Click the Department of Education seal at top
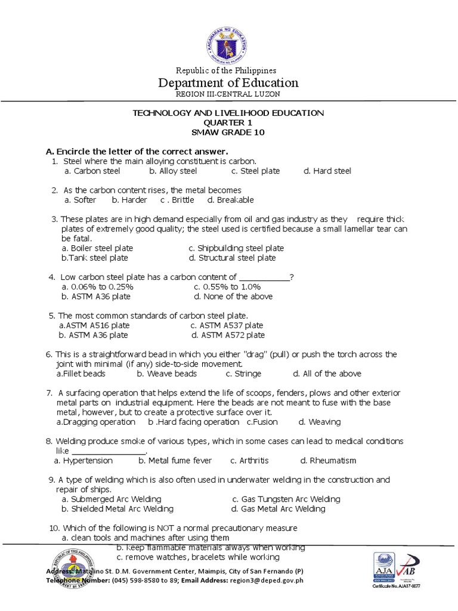(228, 38)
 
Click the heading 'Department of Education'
(228, 82)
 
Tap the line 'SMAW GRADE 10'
(228, 132)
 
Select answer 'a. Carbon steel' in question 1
(92, 171)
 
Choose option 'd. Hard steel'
(327, 171)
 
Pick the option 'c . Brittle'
(178, 200)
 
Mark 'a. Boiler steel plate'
(97, 248)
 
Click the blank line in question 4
(264, 277)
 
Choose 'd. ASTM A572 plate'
(228, 335)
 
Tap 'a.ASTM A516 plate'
(94, 326)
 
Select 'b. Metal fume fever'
(175, 461)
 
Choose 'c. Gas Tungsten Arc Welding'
(286, 499)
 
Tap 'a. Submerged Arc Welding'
(112, 499)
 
